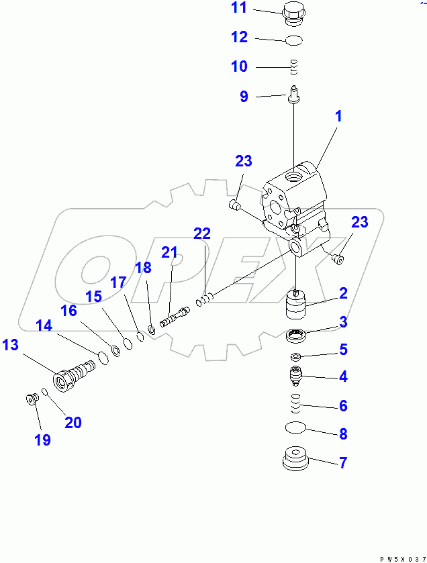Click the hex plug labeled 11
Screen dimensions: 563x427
click(x=293, y=13)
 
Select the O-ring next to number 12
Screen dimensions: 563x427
click(x=293, y=41)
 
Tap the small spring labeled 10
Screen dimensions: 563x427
click(x=293, y=66)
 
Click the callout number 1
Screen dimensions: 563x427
click(x=338, y=116)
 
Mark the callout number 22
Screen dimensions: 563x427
click(x=202, y=234)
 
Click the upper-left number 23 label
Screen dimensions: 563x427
click(x=243, y=161)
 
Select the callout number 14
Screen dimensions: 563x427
click(x=44, y=325)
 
